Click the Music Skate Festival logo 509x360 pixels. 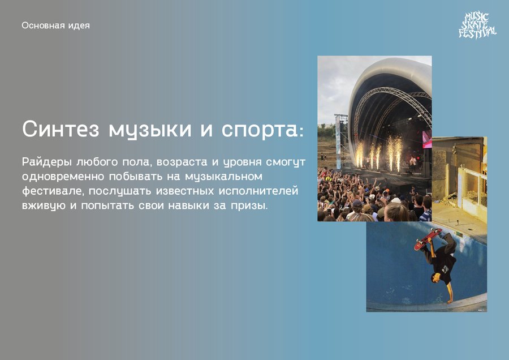[x=477, y=25]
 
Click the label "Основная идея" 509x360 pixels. [x=56, y=25]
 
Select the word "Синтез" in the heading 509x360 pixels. [x=61, y=128]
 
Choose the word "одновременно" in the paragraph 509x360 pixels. [x=63, y=177]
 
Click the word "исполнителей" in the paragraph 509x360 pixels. [x=258, y=191]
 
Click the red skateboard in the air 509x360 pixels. [x=428, y=239]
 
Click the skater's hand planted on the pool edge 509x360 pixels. [x=450, y=301]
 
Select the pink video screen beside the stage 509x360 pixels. [x=427, y=139]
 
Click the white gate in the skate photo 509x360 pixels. [x=472, y=188]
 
